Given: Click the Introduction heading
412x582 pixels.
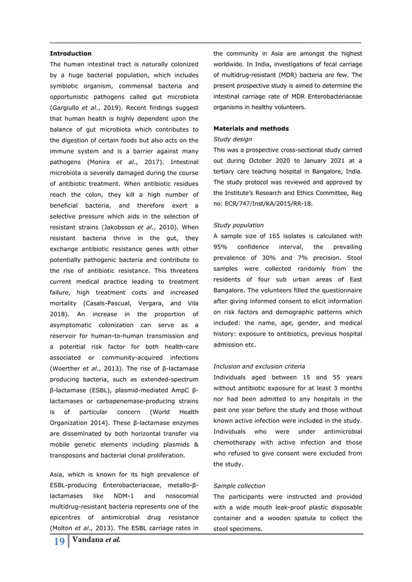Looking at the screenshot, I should tap(70, 53).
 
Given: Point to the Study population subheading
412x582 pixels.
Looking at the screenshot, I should tap(238, 225).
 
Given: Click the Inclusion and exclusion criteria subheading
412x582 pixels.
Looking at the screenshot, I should tap(259, 366).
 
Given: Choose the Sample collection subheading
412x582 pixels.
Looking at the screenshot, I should tap(239, 485).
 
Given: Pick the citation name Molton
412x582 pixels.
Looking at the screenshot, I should tap(65, 527).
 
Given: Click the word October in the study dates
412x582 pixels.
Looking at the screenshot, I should tap(258, 160).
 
